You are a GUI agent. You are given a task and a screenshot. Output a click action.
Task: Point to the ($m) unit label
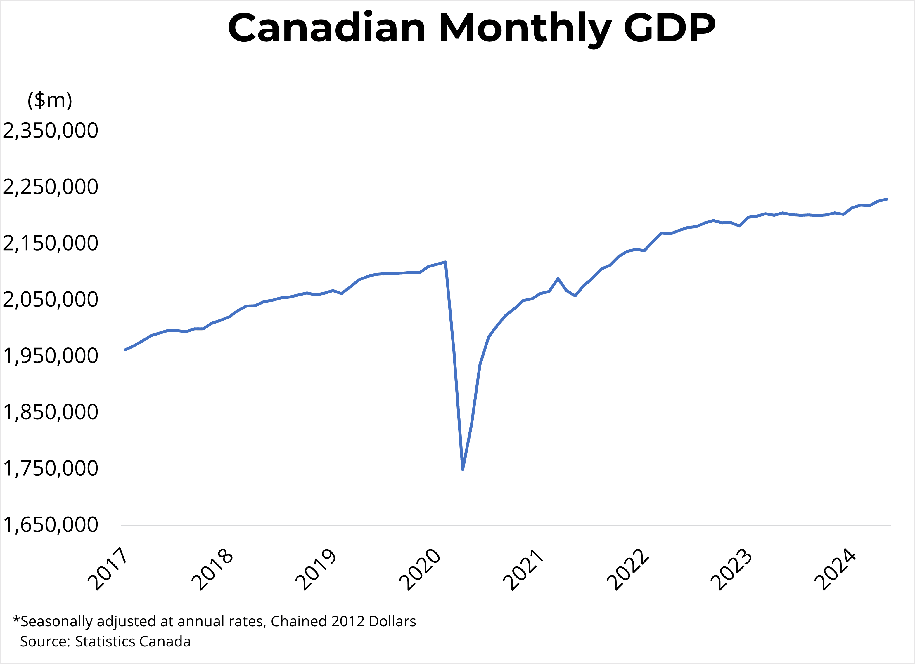(x=50, y=100)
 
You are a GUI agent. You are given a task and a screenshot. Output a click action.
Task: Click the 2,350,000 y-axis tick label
(x=51, y=131)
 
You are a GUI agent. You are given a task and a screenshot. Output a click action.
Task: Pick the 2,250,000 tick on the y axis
(x=51, y=187)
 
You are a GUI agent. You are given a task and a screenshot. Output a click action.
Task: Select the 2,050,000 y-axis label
(x=51, y=300)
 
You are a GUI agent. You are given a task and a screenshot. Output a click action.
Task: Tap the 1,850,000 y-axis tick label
(x=51, y=412)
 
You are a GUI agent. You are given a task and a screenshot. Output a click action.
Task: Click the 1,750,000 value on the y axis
(x=51, y=468)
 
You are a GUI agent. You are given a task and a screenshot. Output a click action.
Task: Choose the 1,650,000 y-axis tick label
(x=51, y=525)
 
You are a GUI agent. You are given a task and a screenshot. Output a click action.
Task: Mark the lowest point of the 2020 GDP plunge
(x=463, y=469)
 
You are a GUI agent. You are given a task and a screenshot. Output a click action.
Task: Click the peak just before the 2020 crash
(x=445, y=262)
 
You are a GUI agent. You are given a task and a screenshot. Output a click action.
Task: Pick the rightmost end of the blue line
(x=887, y=199)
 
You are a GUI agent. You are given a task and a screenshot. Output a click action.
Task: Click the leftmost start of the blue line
(x=125, y=350)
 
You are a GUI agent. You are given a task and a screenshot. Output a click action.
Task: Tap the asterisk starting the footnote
(x=16, y=619)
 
